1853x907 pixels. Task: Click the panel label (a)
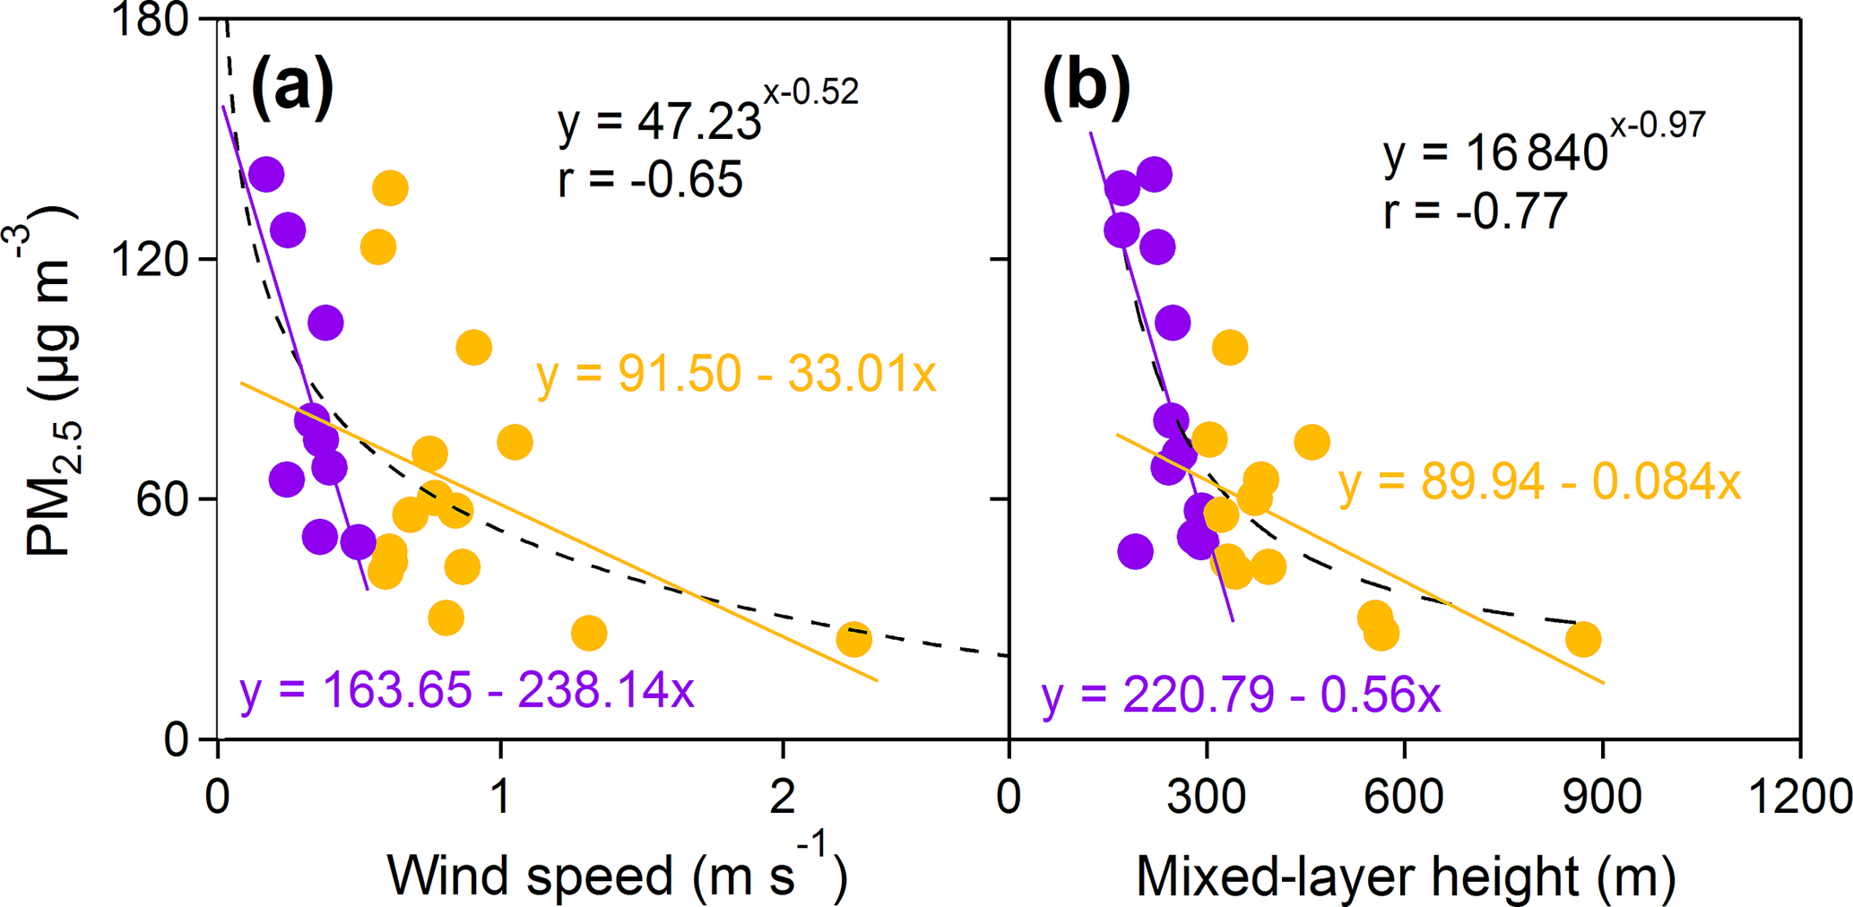(x=292, y=86)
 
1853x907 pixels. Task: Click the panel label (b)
(x=1086, y=86)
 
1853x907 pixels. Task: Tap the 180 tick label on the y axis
(x=149, y=20)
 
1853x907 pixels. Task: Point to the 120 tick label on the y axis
(x=149, y=260)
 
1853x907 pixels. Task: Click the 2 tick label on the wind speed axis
(x=783, y=796)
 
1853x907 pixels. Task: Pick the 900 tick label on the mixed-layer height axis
(x=1602, y=796)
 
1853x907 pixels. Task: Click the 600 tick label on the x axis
(x=1404, y=796)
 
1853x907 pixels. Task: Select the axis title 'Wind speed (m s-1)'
(x=618, y=874)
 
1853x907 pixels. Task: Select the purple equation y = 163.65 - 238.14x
(x=466, y=690)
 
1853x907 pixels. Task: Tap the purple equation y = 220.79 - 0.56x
(x=1241, y=695)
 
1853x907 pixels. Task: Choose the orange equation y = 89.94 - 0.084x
(x=1539, y=483)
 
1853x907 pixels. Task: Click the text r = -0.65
(x=650, y=178)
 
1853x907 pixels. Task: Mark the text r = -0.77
(x=1476, y=212)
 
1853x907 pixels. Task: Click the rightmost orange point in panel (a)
(x=853, y=639)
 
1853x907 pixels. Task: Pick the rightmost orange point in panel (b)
(x=1583, y=639)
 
